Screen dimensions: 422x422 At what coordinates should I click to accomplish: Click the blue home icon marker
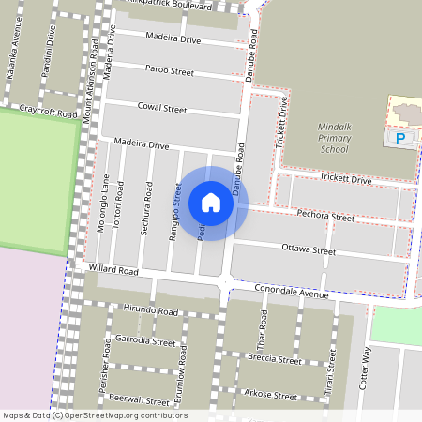coord(211,203)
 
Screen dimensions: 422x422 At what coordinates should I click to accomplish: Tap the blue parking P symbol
coord(402,139)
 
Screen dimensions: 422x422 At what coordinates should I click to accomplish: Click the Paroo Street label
coord(170,70)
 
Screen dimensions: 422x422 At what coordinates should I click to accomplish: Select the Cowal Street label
coord(162,109)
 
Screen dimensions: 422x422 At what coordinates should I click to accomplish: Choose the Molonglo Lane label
coord(105,203)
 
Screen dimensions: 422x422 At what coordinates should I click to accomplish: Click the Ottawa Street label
coord(309,251)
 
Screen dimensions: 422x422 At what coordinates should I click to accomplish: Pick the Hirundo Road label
coord(150,310)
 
